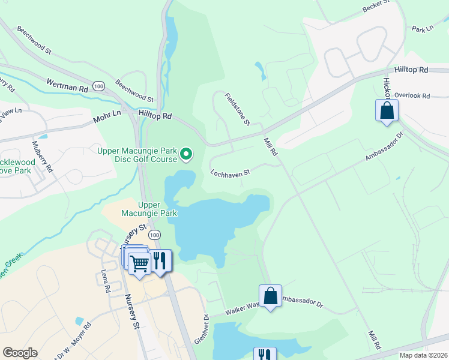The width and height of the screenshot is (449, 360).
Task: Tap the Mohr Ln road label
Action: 107,116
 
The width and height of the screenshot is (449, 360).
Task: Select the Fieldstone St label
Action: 237,109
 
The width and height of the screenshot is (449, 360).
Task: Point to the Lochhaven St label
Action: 230,173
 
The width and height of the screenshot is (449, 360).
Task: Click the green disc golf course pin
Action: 186,155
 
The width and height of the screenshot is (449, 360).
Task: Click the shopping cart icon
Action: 139,262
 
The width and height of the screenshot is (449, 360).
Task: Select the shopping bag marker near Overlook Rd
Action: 387,111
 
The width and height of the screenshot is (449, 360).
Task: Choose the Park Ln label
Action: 423,28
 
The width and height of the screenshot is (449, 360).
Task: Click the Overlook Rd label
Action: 412,95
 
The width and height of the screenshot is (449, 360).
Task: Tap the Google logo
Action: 20,353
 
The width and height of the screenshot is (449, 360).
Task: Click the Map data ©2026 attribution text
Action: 423,355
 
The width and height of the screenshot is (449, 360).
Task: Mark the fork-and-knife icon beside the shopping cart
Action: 160,260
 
